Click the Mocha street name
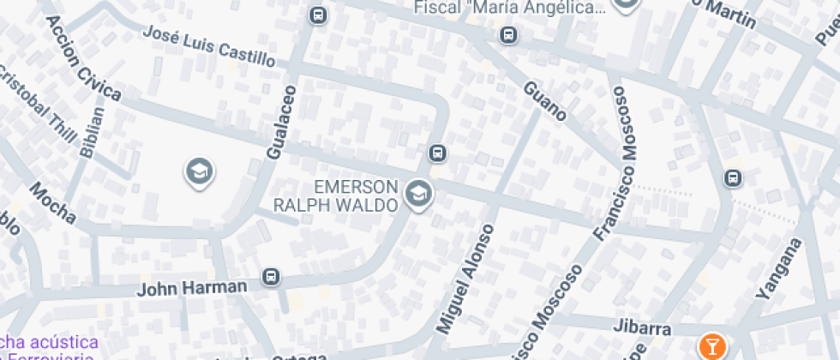pos(53,203)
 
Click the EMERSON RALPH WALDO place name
pos(335,195)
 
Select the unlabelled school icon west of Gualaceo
pos(199,172)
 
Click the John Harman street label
pos(193,286)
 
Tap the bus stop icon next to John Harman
pos(271,276)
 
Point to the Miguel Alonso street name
pos(465,279)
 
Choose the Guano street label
pos(544,100)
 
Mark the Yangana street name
pos(778,267)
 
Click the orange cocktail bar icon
pos(711,346)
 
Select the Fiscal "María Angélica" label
pos(509,8)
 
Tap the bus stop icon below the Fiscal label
pos(509,35)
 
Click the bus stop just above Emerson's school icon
pos(437,153)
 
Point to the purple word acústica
pos(58,343)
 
